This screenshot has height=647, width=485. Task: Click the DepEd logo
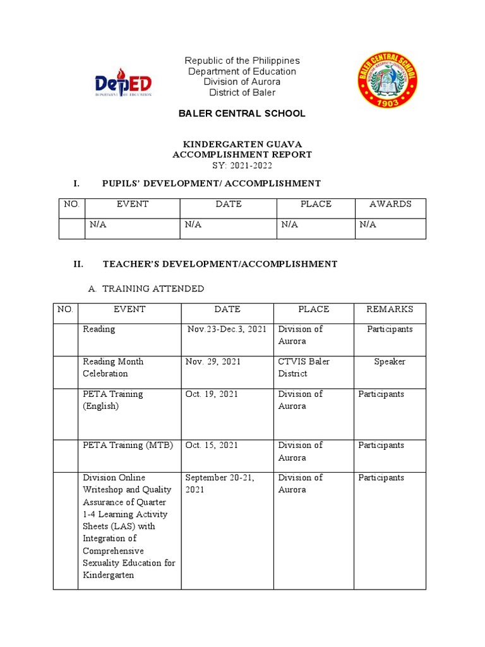[123, 83]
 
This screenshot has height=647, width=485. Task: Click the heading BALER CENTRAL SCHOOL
[242, 114]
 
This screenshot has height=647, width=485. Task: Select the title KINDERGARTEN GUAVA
[242, 144]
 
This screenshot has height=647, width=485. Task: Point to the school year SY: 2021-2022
[242, 165]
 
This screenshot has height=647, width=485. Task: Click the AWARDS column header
[390, 204]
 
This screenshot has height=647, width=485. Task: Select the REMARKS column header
[390, 309]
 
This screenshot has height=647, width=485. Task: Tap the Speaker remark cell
[390, 362]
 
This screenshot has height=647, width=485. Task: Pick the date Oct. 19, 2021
[212, 394]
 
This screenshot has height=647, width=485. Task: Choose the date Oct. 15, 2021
[212, 445]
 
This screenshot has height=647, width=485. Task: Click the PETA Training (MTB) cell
[128, 445]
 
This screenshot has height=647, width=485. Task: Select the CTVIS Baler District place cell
[304, 368]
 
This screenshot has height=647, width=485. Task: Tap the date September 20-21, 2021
[220, 484]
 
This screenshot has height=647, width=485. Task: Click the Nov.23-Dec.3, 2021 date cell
[227, 329]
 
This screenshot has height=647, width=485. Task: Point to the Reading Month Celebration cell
[113, 368]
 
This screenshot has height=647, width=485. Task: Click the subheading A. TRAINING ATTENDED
[146, 289]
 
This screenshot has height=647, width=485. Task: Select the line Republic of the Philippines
[242, 61]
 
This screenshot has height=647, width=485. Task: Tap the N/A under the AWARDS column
[368, 225]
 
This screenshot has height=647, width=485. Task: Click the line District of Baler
[242, 93]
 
